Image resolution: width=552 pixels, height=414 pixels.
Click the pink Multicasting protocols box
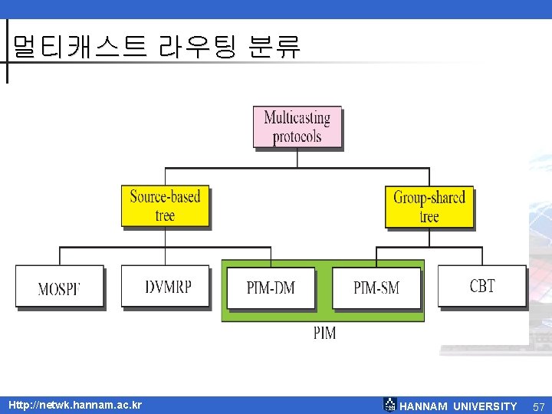[297, 127]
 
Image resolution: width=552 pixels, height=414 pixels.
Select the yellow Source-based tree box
[165, 205]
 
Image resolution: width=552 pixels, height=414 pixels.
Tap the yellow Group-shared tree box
[429, 206]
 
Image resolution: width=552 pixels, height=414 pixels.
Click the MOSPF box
[59, 286]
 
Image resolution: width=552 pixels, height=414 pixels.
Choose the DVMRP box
[166, 286]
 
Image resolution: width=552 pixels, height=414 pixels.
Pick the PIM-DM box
[271, 287]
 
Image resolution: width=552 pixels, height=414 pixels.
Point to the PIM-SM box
[376, 287]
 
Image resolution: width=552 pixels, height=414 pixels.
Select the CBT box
[482, 286]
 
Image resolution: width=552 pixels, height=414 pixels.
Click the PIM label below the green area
[324, 333]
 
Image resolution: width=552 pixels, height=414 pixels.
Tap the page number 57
[538, 406]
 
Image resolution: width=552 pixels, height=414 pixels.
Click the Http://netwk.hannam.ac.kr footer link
[75, 405]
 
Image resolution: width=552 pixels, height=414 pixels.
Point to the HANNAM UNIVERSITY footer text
[458, 406]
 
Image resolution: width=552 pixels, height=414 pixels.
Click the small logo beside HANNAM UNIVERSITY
[390, 405]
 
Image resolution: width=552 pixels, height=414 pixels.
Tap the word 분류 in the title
[274, 48]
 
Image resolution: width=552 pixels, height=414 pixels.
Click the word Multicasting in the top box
[297, 118]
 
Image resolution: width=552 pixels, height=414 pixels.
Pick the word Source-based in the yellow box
[165, 197]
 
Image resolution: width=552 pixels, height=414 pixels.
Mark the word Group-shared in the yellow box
[429, 198]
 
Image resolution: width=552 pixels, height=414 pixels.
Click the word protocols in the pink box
[297, 137]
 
